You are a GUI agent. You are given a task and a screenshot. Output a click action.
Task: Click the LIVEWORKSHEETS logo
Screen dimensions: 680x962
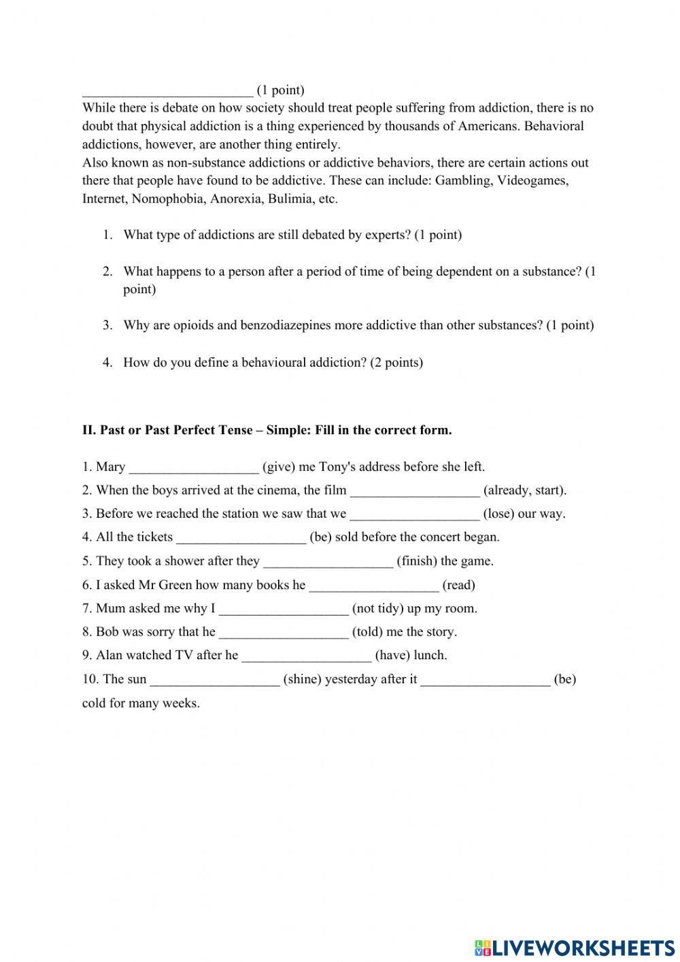coord(574,947)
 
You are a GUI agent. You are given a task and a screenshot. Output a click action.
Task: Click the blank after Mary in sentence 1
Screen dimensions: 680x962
coord(194,468)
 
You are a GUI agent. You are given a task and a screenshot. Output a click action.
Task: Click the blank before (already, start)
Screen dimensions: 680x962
coord(414,491)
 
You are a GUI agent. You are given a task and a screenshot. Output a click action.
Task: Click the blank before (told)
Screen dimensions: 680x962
coord(284,633)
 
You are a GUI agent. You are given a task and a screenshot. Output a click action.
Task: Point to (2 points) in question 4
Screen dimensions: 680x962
coord(396,362)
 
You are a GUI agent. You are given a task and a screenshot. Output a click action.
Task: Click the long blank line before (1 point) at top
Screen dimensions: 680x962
coord(167,91)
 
